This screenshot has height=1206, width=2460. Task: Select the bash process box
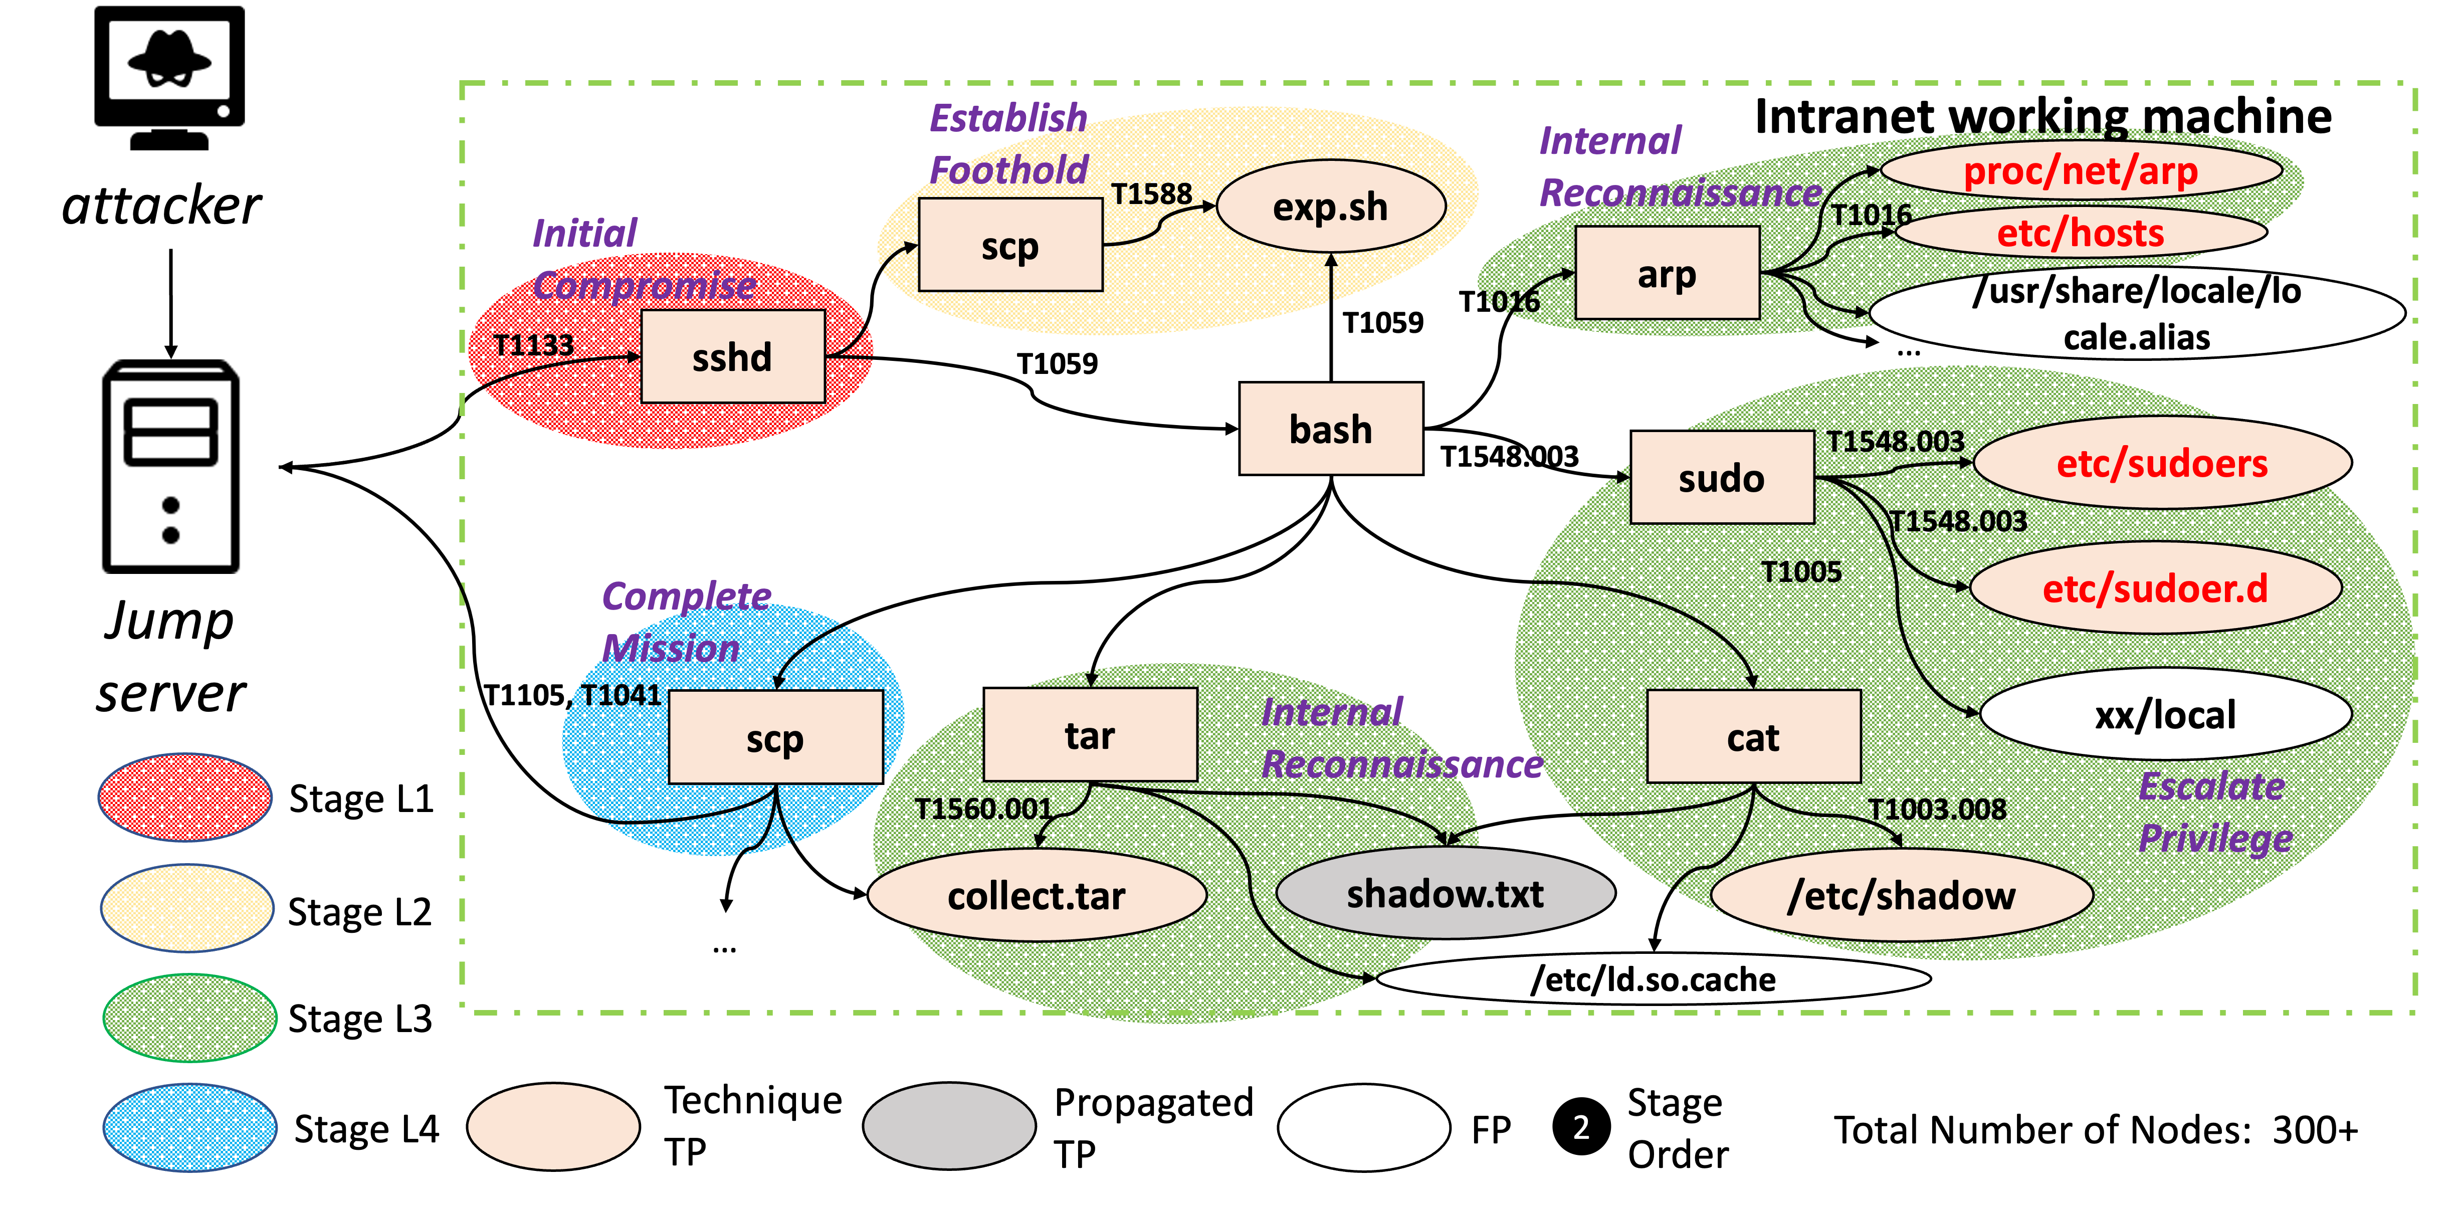(x=1330, y=429)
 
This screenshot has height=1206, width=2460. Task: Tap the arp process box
(x=1667, y=273)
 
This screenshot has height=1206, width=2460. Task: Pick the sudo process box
(x=1722, y=477)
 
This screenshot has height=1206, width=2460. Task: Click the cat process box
(x=1753, y=736)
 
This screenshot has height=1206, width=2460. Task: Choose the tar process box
(x=1090, y=734)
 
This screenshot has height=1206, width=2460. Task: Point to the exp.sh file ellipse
(x=1330, y=206)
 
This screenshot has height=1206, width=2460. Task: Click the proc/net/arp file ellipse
(x=2080, y=171)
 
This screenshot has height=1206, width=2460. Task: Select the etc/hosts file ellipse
(x=2080, y=232)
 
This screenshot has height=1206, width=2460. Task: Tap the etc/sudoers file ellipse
(x=2161, y=463)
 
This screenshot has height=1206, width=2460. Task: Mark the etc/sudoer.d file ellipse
(x=2154, y=588)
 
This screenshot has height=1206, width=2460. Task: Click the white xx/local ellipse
(x=2165, y=714)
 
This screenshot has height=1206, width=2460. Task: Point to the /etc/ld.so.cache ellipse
(x=1652, y=979)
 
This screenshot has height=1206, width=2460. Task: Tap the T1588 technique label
(x=1152, y=194)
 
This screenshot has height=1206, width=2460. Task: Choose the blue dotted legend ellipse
(x=189, y=1127)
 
